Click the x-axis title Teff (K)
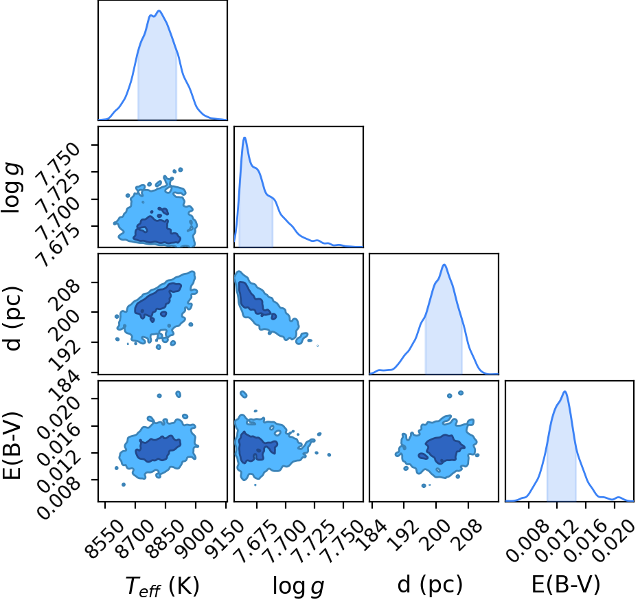point(162,586)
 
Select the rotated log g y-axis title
point(12,188)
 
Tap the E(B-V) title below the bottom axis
point(566,584)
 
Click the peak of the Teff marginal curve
point(159,10)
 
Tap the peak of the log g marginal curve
point(244,137)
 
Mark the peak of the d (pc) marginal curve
point(444,265)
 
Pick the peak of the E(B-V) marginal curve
point(565,391)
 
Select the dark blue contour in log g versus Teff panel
point(157,231)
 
